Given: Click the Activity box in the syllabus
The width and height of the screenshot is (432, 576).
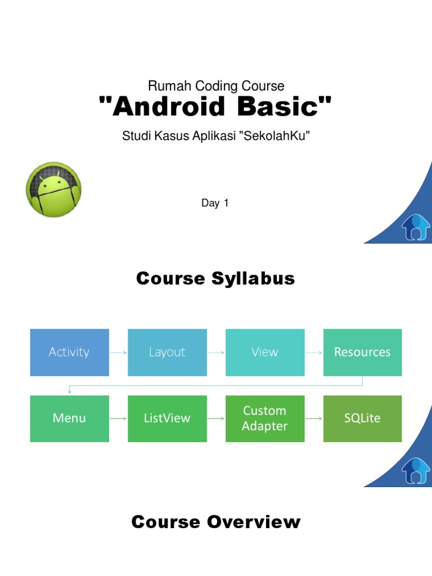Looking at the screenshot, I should click(x=69, y=352).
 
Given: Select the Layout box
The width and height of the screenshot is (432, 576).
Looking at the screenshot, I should click(x=167, y=352).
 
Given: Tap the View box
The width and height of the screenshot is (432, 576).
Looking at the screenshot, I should click(x=265, y=352).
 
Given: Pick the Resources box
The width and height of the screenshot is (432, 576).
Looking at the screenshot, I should click(x=362, y=352).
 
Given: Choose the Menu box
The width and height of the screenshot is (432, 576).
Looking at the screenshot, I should click(x=69, y=418).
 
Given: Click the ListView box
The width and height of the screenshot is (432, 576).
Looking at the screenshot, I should click(x=167, y=418).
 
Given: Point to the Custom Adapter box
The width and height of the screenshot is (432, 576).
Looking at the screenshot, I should click(x=265, y=418).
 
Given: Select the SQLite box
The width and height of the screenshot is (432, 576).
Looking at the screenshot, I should click(x=362, y=418).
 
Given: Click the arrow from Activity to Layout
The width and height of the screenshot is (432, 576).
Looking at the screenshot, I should click(x=118, y=353).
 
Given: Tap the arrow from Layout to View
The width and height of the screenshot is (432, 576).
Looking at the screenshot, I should click(x=216, y=353).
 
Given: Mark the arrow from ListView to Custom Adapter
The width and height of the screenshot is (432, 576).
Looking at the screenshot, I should click(x=216, y=418).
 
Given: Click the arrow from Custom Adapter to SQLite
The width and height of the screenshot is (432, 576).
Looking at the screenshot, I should click(x=314, y=418).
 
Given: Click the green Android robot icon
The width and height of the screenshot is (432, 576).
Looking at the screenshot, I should click(x=53, y=190).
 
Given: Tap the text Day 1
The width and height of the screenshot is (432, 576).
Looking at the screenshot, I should click(x=215, y=203).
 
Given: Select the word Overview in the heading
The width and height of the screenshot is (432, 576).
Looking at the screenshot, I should click(x=254, y=522).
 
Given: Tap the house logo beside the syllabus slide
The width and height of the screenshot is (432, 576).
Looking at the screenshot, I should click(x=416, y=470).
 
